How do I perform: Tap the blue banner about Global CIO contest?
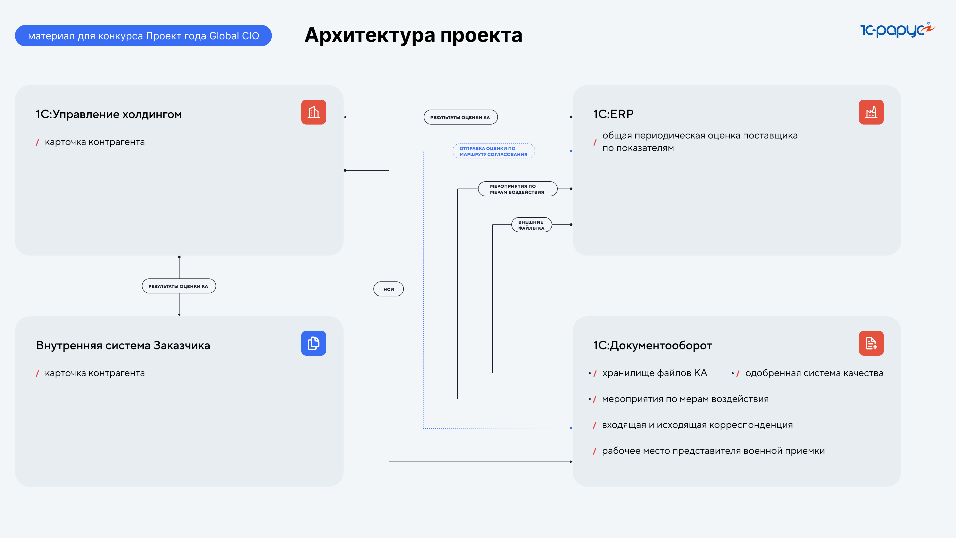[143, 36]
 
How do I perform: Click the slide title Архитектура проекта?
[414, 35]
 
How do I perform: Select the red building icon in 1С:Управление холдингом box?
[314, 112]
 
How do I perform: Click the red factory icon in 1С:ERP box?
[871, 112]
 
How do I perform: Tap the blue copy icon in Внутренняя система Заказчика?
[314, 343]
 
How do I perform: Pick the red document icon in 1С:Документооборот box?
[871, 343]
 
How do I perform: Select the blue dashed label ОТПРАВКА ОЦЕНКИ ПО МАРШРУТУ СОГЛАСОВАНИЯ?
[494, 151]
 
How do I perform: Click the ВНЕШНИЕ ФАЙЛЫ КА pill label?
[532, 225]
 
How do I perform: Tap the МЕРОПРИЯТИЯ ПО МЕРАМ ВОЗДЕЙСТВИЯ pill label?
[517, 189]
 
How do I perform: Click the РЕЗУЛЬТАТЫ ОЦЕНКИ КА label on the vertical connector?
[179, 286]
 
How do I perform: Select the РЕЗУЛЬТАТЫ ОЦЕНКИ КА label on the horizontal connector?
[460, 117]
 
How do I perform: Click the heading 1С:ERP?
[613, 114]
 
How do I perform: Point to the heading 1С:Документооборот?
[653, 345]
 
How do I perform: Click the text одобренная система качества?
[814, 373]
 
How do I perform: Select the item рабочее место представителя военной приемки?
[713, 451]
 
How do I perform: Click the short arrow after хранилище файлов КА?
[722, 373]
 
